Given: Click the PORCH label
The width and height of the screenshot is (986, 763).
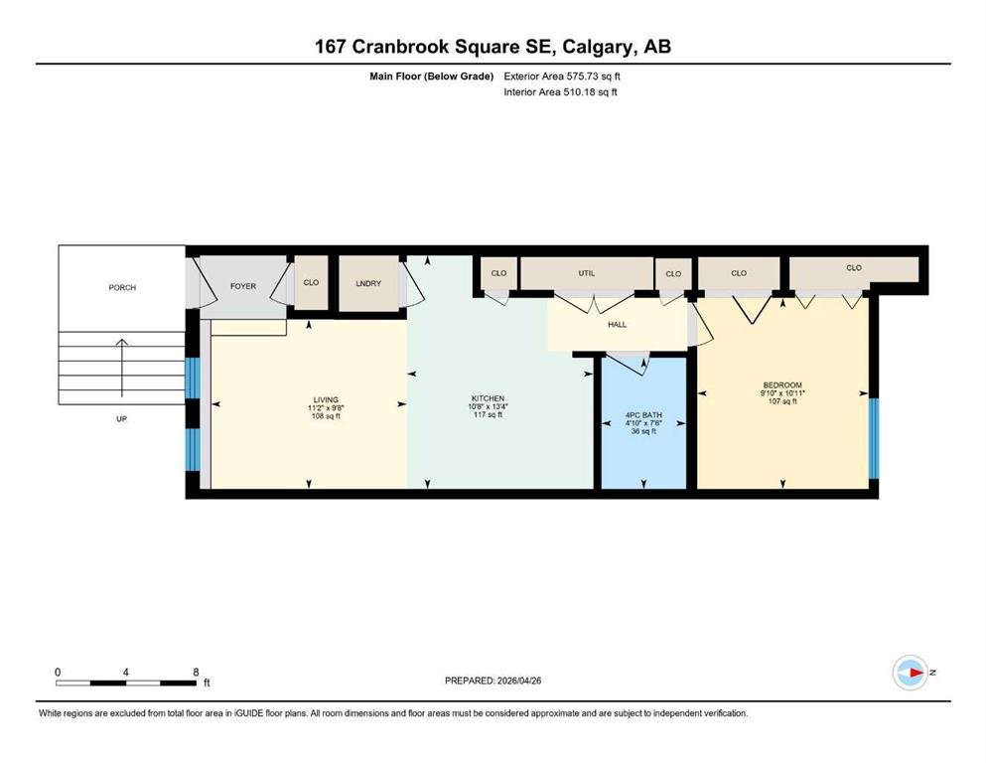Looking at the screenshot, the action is point(122,287).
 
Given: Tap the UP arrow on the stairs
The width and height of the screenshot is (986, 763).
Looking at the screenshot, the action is point(121,368).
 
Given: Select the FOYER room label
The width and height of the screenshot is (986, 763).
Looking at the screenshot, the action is point(242,286).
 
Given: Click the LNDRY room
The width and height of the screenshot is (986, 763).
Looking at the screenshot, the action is point(368,283).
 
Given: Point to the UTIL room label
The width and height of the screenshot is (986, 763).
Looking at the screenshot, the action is point(586,273).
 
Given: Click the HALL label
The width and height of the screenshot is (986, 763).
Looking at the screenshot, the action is point(617,325).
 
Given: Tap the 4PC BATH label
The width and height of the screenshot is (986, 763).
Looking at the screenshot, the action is point(643,415).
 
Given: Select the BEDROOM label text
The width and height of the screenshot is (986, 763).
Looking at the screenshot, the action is point(782,384).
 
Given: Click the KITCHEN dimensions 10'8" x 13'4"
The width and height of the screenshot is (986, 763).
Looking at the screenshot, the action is point(488,406).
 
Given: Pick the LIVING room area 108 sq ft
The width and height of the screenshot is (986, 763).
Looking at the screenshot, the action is point(326,416).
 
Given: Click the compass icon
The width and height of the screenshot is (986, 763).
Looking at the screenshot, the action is point(910,673).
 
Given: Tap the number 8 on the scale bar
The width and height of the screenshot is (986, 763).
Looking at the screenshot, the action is point(196,672).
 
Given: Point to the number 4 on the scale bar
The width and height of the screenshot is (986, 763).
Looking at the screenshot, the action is point(126,672).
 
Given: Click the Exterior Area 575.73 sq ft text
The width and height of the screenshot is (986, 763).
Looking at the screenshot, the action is point(562,76).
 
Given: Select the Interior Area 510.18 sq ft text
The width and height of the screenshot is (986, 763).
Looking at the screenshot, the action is point(560,91).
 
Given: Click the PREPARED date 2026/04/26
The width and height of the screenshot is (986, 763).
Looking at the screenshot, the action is point(518,681).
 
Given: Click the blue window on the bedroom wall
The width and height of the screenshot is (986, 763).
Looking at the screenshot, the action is point(874,438).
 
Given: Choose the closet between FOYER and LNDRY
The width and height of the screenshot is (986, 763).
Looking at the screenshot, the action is point(311,282).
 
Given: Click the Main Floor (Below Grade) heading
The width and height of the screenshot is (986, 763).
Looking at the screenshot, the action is point(431,76).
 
